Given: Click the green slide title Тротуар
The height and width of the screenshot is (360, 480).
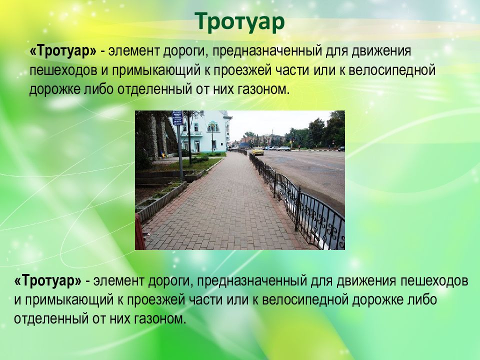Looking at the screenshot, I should [239, 22].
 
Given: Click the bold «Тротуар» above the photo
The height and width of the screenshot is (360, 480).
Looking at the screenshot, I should [63, 51].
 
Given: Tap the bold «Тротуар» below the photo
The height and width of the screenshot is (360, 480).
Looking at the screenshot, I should [48, 281].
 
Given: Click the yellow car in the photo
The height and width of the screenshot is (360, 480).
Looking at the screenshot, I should [257, 150].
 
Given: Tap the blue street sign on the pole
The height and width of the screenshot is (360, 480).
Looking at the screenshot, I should [177, 118].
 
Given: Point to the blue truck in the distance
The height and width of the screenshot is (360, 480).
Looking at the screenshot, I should [243, 145].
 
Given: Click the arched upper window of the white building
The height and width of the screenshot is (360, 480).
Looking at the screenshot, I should [213, 126].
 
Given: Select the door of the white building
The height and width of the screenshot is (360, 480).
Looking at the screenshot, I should [196, 146].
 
